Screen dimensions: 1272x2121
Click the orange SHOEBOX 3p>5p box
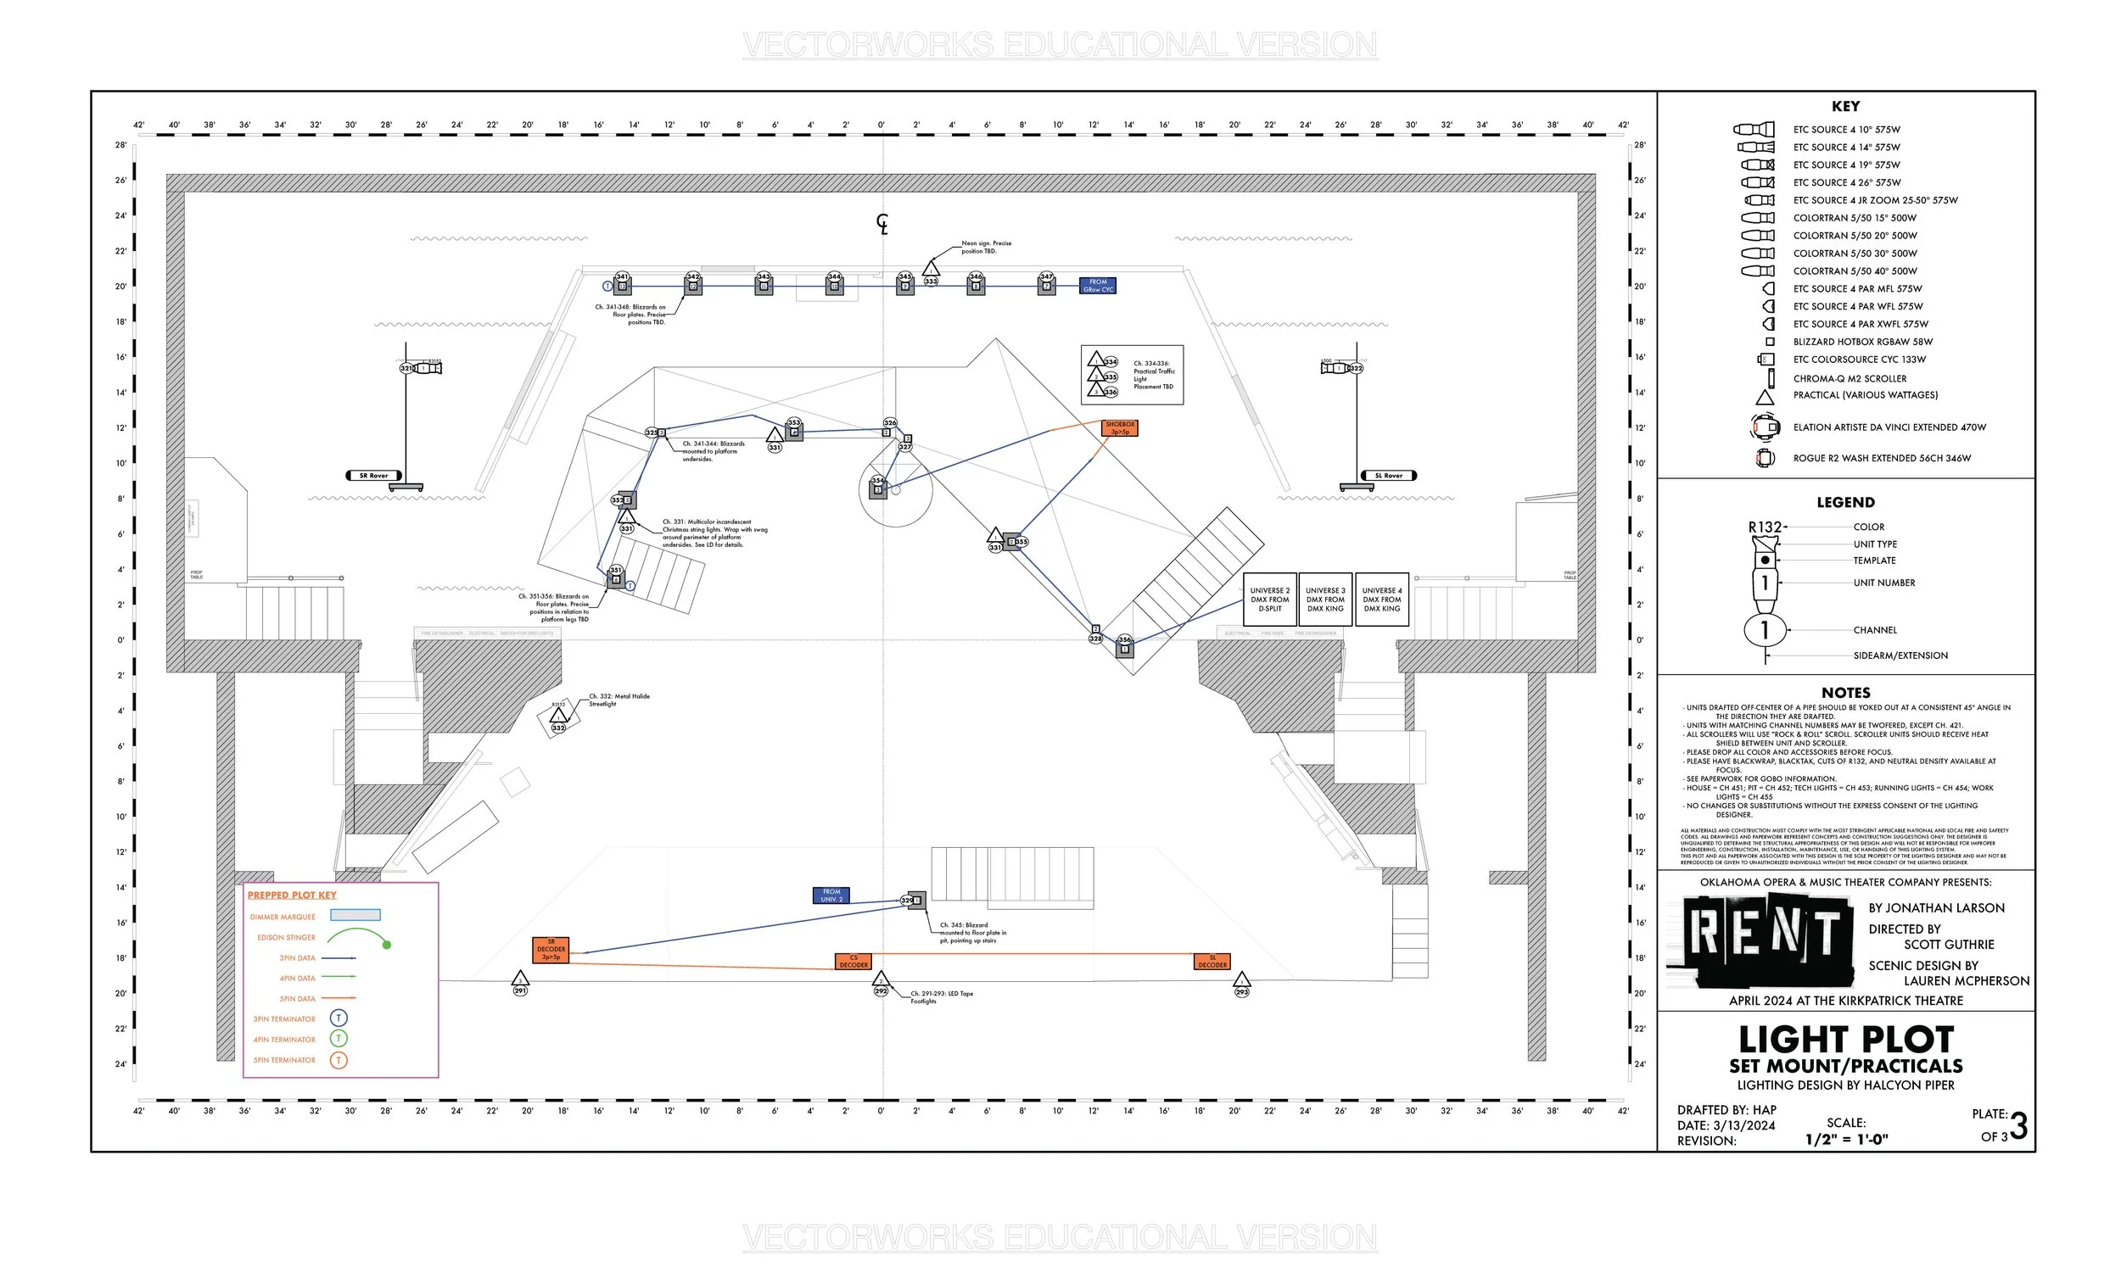1120,427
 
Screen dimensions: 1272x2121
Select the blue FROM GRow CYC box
1097,286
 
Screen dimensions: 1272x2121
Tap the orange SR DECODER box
551,950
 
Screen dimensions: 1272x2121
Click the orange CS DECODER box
853,962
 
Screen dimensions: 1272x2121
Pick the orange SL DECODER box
1212,962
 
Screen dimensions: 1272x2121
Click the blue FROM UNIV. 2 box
831,895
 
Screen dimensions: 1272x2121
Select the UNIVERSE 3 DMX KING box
1324,600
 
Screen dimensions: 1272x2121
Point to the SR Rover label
374,476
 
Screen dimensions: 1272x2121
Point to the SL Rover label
1388,476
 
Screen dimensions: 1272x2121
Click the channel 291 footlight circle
520,990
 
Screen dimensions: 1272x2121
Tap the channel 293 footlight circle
1242,991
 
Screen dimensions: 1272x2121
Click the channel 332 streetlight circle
559,728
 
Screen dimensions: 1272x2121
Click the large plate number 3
2018,1126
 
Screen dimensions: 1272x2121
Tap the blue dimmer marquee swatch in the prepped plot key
355,916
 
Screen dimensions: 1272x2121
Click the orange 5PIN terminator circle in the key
339,1060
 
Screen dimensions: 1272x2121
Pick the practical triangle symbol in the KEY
1765,397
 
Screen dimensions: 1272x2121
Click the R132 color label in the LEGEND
1766,527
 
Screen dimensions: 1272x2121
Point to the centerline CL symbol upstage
882,224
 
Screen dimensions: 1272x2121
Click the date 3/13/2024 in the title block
1743,1125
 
